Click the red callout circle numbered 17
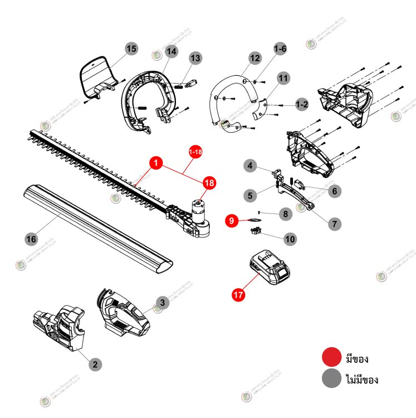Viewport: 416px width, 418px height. pyautogui.click(x=239, y=295)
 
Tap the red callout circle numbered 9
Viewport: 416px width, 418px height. pyautogui.click(x=230, y=221)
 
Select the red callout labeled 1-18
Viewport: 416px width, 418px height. pyautogui.click(x=195, y=152)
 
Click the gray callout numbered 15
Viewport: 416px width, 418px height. pyautogui.click(x=131, y=49)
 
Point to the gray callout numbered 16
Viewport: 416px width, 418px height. pyautogui.click(x=31, y=239)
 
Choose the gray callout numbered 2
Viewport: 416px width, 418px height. pyautogui.click(x=95, y=364)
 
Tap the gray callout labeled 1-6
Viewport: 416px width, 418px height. pyautogui.click(x=280, y=49)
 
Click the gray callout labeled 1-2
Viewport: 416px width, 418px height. pyautogui.click(x=301, y=104)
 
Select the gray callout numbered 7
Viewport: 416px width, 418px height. pyautogui.click(x=334, y=224)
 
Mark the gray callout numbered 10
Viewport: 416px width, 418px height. pyautogui.click(x=290, y=239)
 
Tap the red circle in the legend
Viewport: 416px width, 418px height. pyautogui.click(x=331, y=357)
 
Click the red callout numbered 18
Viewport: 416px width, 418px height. pyautogui.click(x=209, y=182)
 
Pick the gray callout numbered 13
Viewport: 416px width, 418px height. pyautogui.click(x=195, y=57)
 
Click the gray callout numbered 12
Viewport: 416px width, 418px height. pyautogui.click(x=255, y=57)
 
